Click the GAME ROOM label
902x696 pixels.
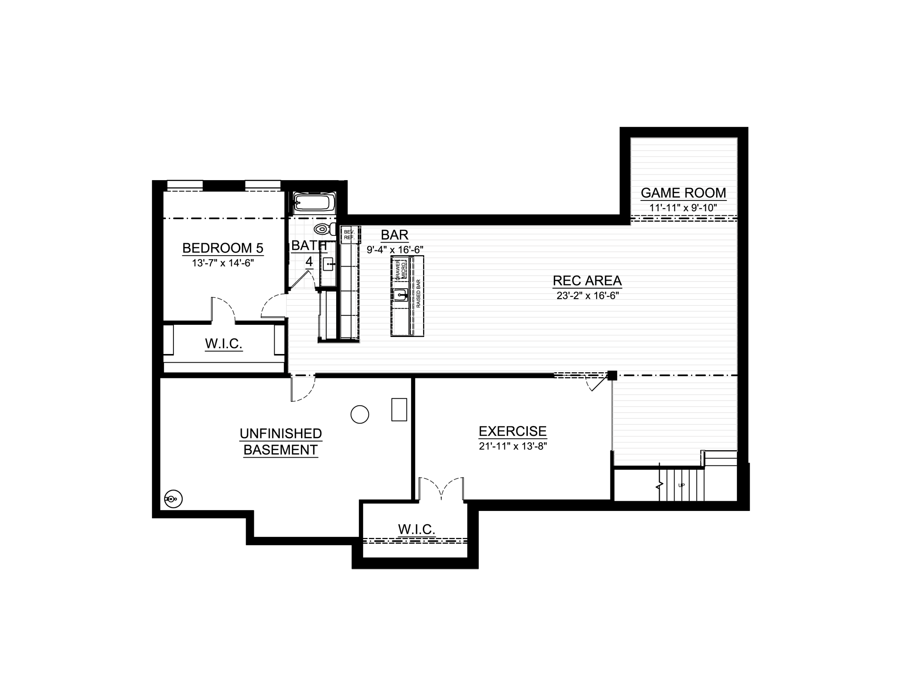tap(683, 193)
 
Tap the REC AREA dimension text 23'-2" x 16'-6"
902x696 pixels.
tap(587, 296)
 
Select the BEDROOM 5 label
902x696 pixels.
tap(223, 248)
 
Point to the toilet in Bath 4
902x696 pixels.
tap(324, 229)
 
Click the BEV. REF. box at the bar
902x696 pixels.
tap(350, 235)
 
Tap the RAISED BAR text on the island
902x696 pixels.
tap(418, 293)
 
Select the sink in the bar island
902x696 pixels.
tap(400, 295)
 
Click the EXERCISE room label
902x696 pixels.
tap(513, 431)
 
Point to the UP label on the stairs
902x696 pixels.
tap(681, 485)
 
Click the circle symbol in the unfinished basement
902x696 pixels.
tap(360, 414)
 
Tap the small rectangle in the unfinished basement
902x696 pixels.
tap(399, 409)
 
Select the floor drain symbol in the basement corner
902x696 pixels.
tap(173, 499)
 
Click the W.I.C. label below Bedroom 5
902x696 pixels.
tap(223, 343)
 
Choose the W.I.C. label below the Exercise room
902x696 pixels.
tap(416, 529)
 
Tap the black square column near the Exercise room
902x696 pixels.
tap(612, 375)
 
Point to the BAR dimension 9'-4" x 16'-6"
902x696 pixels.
tap(395, 249)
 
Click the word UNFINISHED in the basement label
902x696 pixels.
tap(281, 434)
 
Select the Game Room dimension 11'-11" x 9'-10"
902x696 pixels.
tap(683, 208)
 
